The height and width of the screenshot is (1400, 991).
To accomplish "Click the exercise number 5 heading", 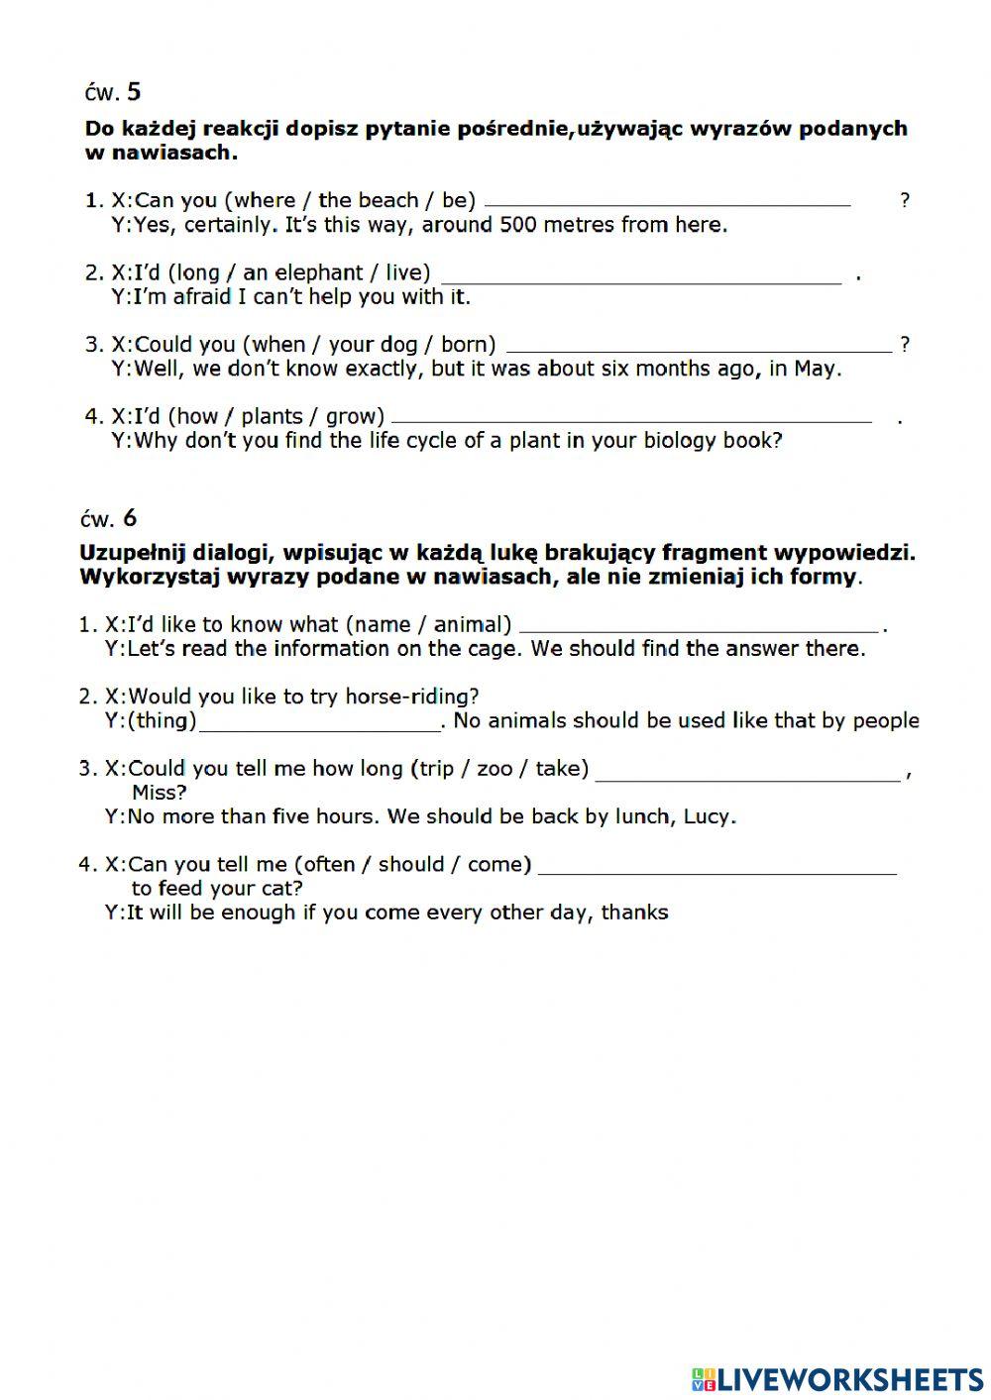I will (112, 92).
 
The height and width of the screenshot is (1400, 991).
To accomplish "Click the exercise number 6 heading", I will (109, 518).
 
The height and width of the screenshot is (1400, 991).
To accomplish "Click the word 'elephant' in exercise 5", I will (319, 272).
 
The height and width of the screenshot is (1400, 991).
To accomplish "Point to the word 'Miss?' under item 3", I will (159, 793).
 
